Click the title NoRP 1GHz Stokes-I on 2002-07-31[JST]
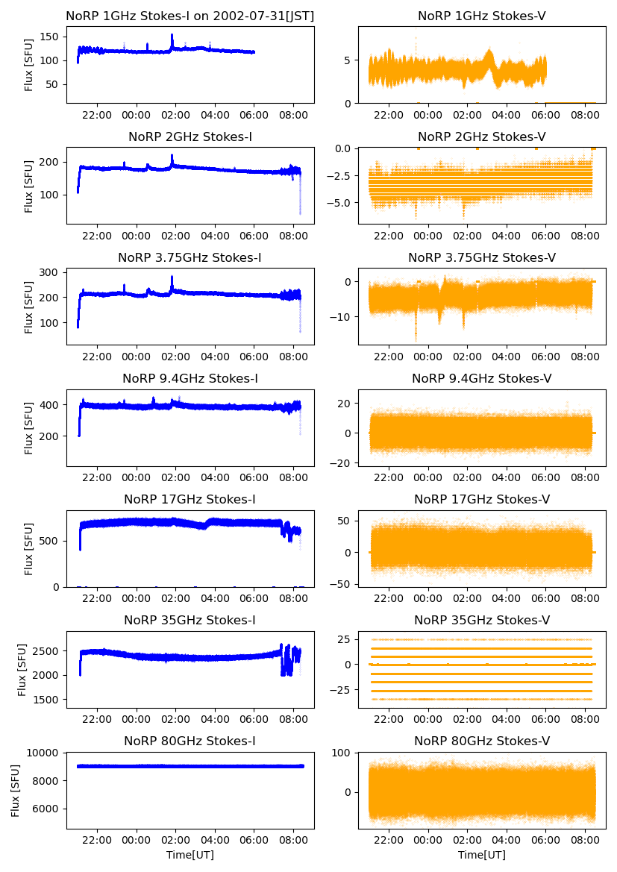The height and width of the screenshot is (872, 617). [190, 16]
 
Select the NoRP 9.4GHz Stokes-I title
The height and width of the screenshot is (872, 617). [190, 378]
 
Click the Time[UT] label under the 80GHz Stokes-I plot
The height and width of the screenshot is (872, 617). [190, 855]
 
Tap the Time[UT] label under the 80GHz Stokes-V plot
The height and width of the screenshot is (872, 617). [482, 855]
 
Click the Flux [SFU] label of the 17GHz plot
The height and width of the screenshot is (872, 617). [29, 548]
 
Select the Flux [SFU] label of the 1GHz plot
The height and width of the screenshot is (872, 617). [29, 65]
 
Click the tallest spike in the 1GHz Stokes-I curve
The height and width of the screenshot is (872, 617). [172, 35]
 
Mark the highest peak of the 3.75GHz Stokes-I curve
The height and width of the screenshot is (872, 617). [172, 277]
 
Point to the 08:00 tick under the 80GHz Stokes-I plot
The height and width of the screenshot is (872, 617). [292, 840]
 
